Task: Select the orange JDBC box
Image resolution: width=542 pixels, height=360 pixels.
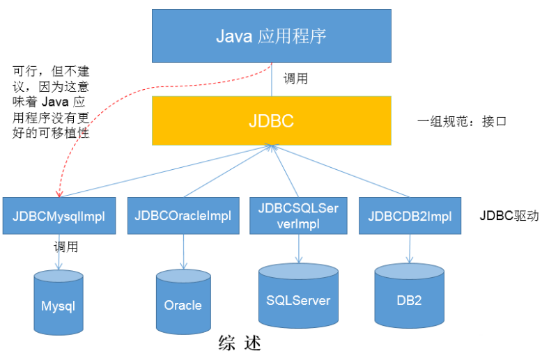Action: (x=271, y=120)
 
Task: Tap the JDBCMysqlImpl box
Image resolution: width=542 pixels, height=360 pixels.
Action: (x=59, y=216)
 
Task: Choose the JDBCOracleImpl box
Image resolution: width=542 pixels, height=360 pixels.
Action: (x=182, y=216)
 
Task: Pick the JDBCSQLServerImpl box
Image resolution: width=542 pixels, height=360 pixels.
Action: (x=297, y=215)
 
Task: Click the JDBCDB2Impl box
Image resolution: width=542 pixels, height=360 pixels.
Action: (x=410, y=216)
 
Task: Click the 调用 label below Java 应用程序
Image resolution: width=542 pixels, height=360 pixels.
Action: (x=295, y=78)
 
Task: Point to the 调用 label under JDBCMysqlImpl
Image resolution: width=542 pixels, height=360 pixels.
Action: (x=66, y=246)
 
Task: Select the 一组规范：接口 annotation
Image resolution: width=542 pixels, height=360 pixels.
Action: (x=461, y=121)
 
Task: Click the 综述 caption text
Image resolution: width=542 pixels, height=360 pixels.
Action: (x=240, y=343)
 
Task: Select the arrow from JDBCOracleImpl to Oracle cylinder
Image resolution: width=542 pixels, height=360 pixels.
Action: (x=183, y=251)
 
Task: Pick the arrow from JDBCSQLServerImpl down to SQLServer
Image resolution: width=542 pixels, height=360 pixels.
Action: (x=298, y=247)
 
